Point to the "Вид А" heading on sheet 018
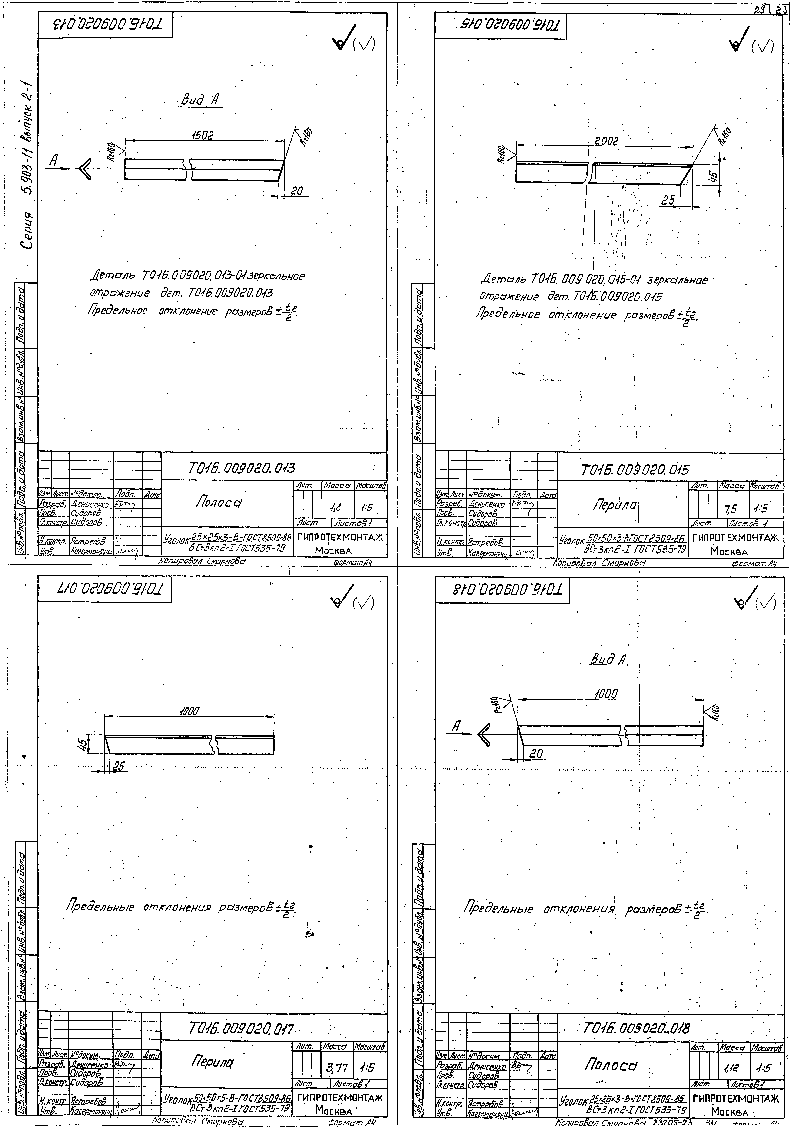[x=608, y=660]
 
